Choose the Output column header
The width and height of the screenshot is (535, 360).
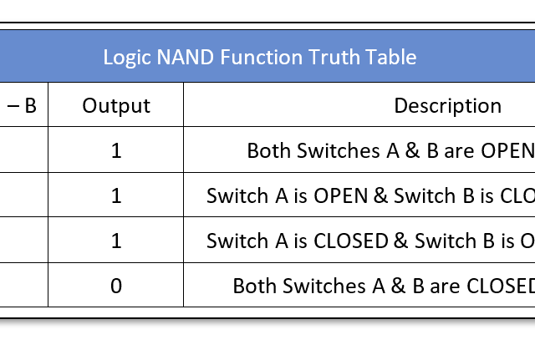pyautogui.click(x=116, y=106)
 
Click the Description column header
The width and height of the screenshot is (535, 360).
pyautogui.click(x=447, y=106)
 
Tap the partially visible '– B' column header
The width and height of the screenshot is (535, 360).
pyautogui.click(x=23, y=106)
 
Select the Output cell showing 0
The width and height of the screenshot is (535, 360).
pyautogui.click(x=116, y=286)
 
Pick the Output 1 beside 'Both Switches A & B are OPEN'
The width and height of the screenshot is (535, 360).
pyautogui.click(x=116, y=150)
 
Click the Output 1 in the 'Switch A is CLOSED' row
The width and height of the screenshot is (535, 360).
pyautogui.click(x=116, y=241)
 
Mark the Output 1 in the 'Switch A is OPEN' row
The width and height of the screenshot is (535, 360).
pyautogui.click(x=116, y=195)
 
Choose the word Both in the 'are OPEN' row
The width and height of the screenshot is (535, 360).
pyautogui.click(x=267, y=150)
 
